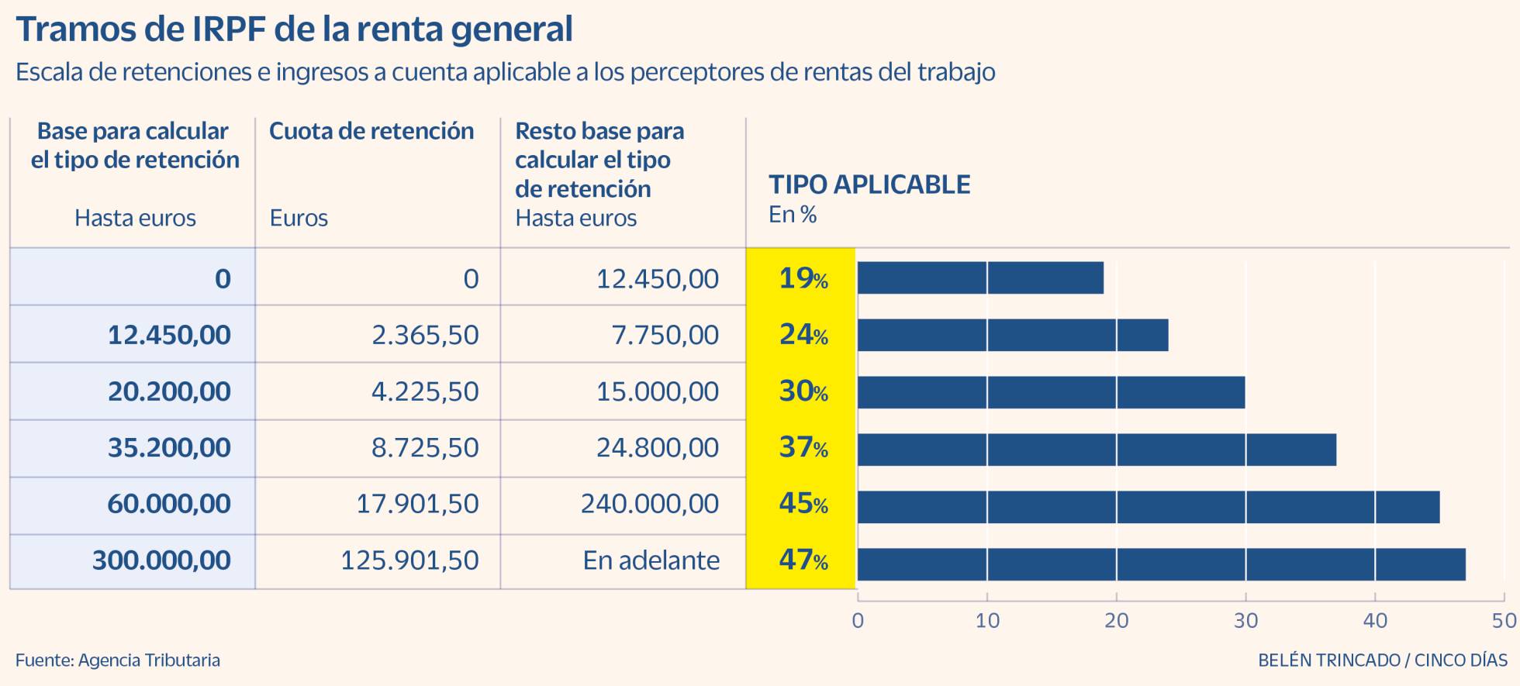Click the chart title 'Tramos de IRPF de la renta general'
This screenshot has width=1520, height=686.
tap(294, 29)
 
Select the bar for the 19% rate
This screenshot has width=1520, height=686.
tap(980, 278)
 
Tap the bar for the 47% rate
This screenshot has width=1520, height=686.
tap(1161, 564)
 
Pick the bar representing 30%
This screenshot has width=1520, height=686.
tap(1051, 392)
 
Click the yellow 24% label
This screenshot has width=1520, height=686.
tap(803, 335)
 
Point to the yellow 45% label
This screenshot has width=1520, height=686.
tap(803, 504)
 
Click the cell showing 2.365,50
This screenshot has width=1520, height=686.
tap(424, 335)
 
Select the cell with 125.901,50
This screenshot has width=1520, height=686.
tap(409, 560)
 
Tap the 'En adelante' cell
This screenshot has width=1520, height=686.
tap(651, 560)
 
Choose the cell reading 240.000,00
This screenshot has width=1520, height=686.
tap(650, 504)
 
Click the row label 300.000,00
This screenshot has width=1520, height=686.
tap(161, 560)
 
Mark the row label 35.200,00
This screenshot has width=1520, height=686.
tap(169, 447)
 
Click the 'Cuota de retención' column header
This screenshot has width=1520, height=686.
tap(371, 131)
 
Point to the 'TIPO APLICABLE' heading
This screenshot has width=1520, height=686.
tap(869, 184)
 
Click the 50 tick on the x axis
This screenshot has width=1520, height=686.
tap(1504, 621)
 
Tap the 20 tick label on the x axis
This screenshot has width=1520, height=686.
tap(1116, 621)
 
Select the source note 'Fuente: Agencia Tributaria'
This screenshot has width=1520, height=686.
tap(118, 660)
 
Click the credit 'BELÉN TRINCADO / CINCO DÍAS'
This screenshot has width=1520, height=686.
tap(1382, 660)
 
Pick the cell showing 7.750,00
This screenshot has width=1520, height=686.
tap(665, 335)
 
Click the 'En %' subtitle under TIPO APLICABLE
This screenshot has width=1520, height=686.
tap(792, 215)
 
